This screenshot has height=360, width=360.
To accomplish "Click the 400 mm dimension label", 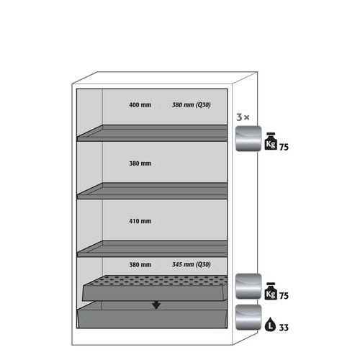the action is (x=140, y=105).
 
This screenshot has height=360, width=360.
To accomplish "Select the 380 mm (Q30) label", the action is (x=192, y=105).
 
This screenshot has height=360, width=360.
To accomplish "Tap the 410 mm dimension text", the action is (x=140, y=221).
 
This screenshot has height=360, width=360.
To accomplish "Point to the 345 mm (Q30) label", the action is (x=192, y=264).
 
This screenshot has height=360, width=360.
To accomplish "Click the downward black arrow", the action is (x=156, y=305).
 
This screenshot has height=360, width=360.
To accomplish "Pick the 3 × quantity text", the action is (x=243, y=117).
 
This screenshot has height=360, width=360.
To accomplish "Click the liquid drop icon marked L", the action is (x=270, y=324).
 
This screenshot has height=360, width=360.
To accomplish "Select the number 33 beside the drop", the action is (x=284, y=328).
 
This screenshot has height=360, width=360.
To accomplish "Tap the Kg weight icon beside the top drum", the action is (x=271, y=141).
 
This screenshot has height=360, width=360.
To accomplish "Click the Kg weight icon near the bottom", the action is (x=271, y=291).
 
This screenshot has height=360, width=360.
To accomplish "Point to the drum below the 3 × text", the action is (x=248, y=138).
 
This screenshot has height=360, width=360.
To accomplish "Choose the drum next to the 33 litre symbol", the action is (x=248, y=318).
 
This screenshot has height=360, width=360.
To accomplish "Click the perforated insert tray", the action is (x=155, y=288).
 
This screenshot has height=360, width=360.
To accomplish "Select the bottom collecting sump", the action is (x=152, y=315).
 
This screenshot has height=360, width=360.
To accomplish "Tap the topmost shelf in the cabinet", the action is (x=152, y=133).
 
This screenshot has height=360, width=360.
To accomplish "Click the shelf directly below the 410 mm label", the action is (x=152, y=248).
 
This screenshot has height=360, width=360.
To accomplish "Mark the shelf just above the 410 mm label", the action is (x=152, y=191).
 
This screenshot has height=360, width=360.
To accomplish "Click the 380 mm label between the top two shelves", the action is (x=140, y=163).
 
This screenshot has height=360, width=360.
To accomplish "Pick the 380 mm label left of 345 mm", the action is (x=140, y=265).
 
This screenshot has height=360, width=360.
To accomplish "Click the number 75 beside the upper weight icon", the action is (x=284, y=147).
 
